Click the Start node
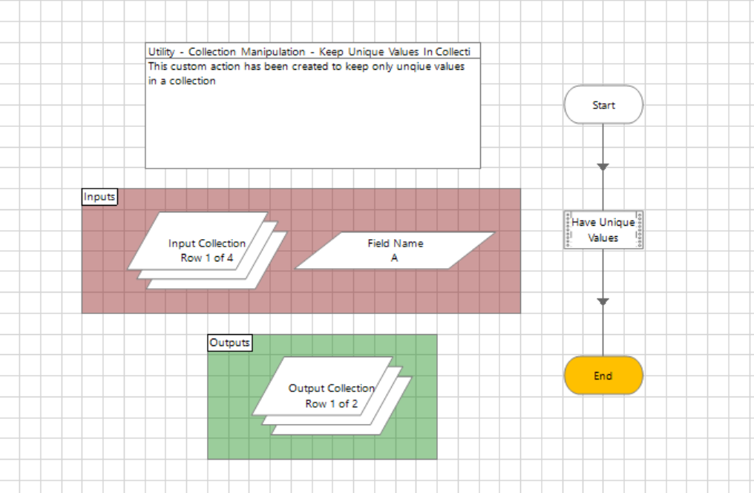pos(603,105)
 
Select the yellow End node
pos(603,376)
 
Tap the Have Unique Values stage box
pos(603,230)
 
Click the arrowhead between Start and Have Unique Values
pos(603,167)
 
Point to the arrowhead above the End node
pos(603,301)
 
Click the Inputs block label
pos(99,197)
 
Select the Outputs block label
pos(230,343)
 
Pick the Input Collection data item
pos(207,250)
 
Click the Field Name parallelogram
pos(396,250)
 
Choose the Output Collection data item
pos(332,395)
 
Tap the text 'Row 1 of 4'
pos(207,258)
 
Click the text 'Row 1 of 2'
pos(332,404)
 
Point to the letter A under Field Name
pos(394,258)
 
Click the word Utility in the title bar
pos(161,52)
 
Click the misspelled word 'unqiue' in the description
pos(411,67)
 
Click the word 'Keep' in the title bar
pos(331,52)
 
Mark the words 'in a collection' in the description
pos(182,81)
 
